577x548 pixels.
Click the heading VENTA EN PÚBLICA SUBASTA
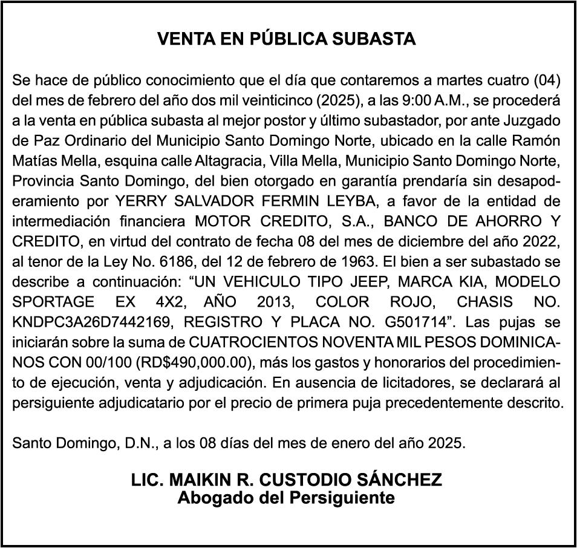[287, 39]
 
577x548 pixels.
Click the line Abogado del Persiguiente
[286, 498]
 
